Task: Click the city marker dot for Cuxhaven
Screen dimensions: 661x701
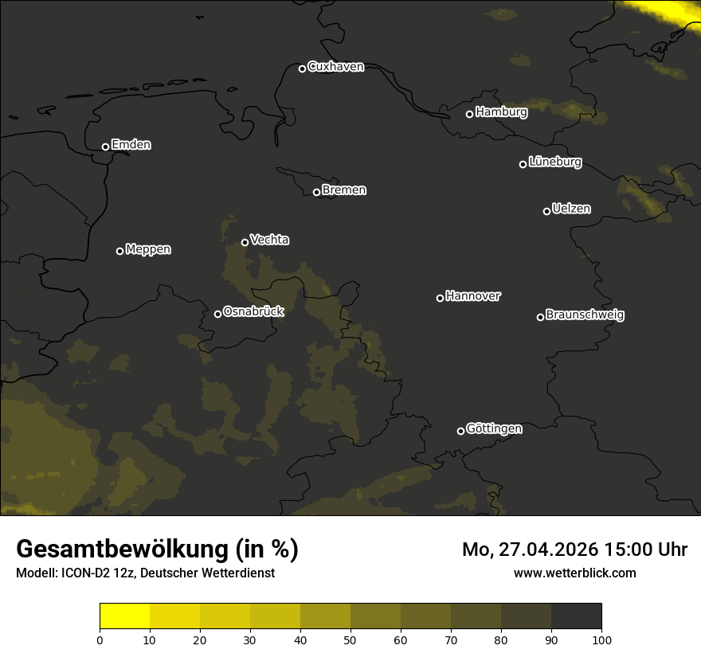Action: (302, 68)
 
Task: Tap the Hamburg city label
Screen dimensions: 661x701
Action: (501, 112)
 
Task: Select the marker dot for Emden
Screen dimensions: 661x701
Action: (105, 147)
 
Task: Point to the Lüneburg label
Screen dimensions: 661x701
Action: (554, 162)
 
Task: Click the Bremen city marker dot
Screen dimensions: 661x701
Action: (316, 192)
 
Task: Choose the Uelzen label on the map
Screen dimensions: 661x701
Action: (571, 209)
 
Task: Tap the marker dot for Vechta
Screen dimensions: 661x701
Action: (245, 242)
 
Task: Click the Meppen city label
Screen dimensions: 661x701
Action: (148, 249)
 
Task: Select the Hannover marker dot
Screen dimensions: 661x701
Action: (440, 298)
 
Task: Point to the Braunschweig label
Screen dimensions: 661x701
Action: (585, 315)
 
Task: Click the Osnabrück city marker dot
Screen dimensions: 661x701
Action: (217, 314)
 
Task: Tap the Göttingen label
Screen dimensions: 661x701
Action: (494, 429)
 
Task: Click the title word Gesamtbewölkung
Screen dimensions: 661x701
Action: (123, 550)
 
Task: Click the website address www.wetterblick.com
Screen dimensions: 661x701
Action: (574, 573)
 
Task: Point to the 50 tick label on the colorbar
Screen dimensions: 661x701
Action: (350, 639)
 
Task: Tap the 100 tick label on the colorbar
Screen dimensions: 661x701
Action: (601, 639)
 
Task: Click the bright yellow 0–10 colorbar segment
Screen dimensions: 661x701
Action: (124, 616)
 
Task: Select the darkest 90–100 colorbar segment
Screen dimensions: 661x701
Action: (576, 616)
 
